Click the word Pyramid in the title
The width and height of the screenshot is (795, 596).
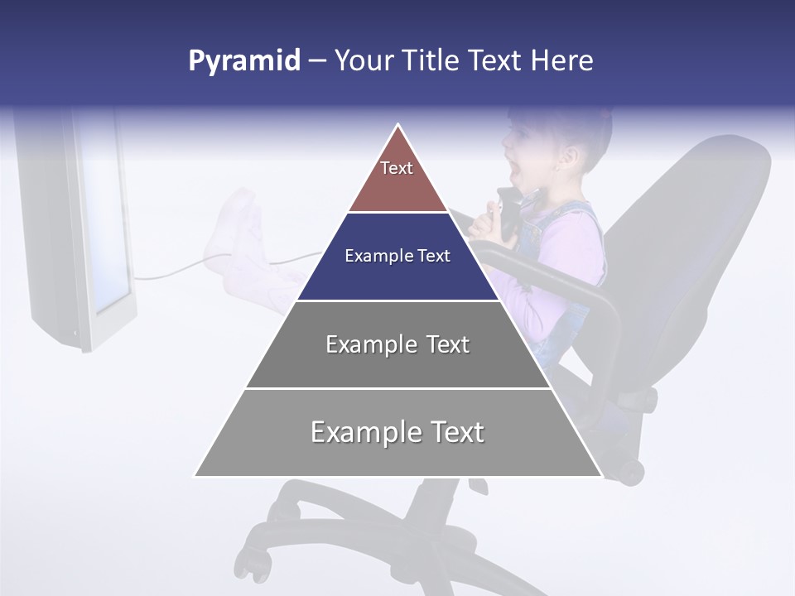pyautogui.click(x=243, y=61)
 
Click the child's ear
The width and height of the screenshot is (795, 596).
pyautogui.click(x=568, y=156)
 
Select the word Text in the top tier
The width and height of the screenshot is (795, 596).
pyautogui.click(x=397, y=168)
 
